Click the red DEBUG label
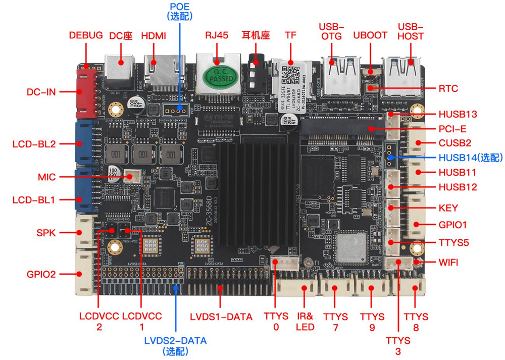pos(86,35)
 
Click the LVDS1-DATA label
pos(221,317)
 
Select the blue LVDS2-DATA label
pos(175,341)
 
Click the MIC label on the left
pos(47,177)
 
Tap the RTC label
pos(448,89)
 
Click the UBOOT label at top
pos(370,35)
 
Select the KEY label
pos(448,208)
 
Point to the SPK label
pos(46,233)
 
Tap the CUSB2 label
pos(455,143)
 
